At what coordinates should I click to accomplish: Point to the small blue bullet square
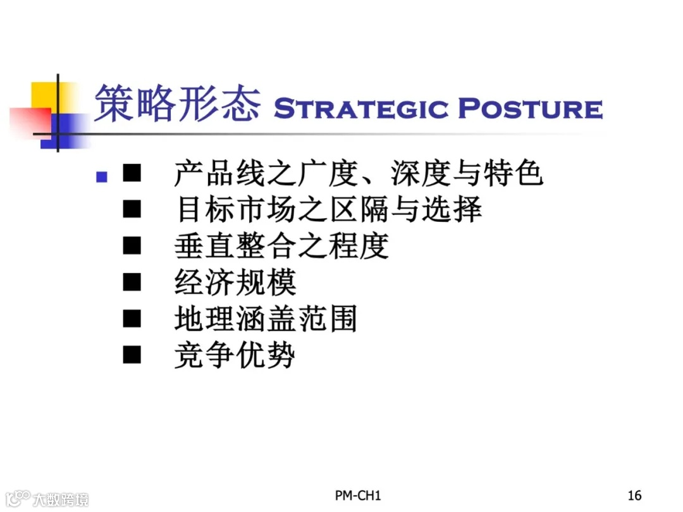coord(101,176)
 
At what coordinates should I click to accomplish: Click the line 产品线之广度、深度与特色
coord(359,174)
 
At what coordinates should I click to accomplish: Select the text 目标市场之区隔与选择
coord(329,210)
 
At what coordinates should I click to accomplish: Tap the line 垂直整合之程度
coord(281,246)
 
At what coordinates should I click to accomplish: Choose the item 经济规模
coord(235,282)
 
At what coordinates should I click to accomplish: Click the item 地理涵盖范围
coord(266,319)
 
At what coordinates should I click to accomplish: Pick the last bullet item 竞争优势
coord(235,355)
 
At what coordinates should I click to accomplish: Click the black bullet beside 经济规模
coord(132,282)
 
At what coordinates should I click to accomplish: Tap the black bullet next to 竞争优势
coord(132,355)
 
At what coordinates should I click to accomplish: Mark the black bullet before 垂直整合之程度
coord(132,246)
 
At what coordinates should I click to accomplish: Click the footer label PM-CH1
coord(359,495)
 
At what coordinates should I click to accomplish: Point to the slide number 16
coord(634,495)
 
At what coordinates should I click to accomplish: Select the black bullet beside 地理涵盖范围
coord(132,319)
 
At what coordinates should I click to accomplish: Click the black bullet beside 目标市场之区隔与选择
coord(132,210)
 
